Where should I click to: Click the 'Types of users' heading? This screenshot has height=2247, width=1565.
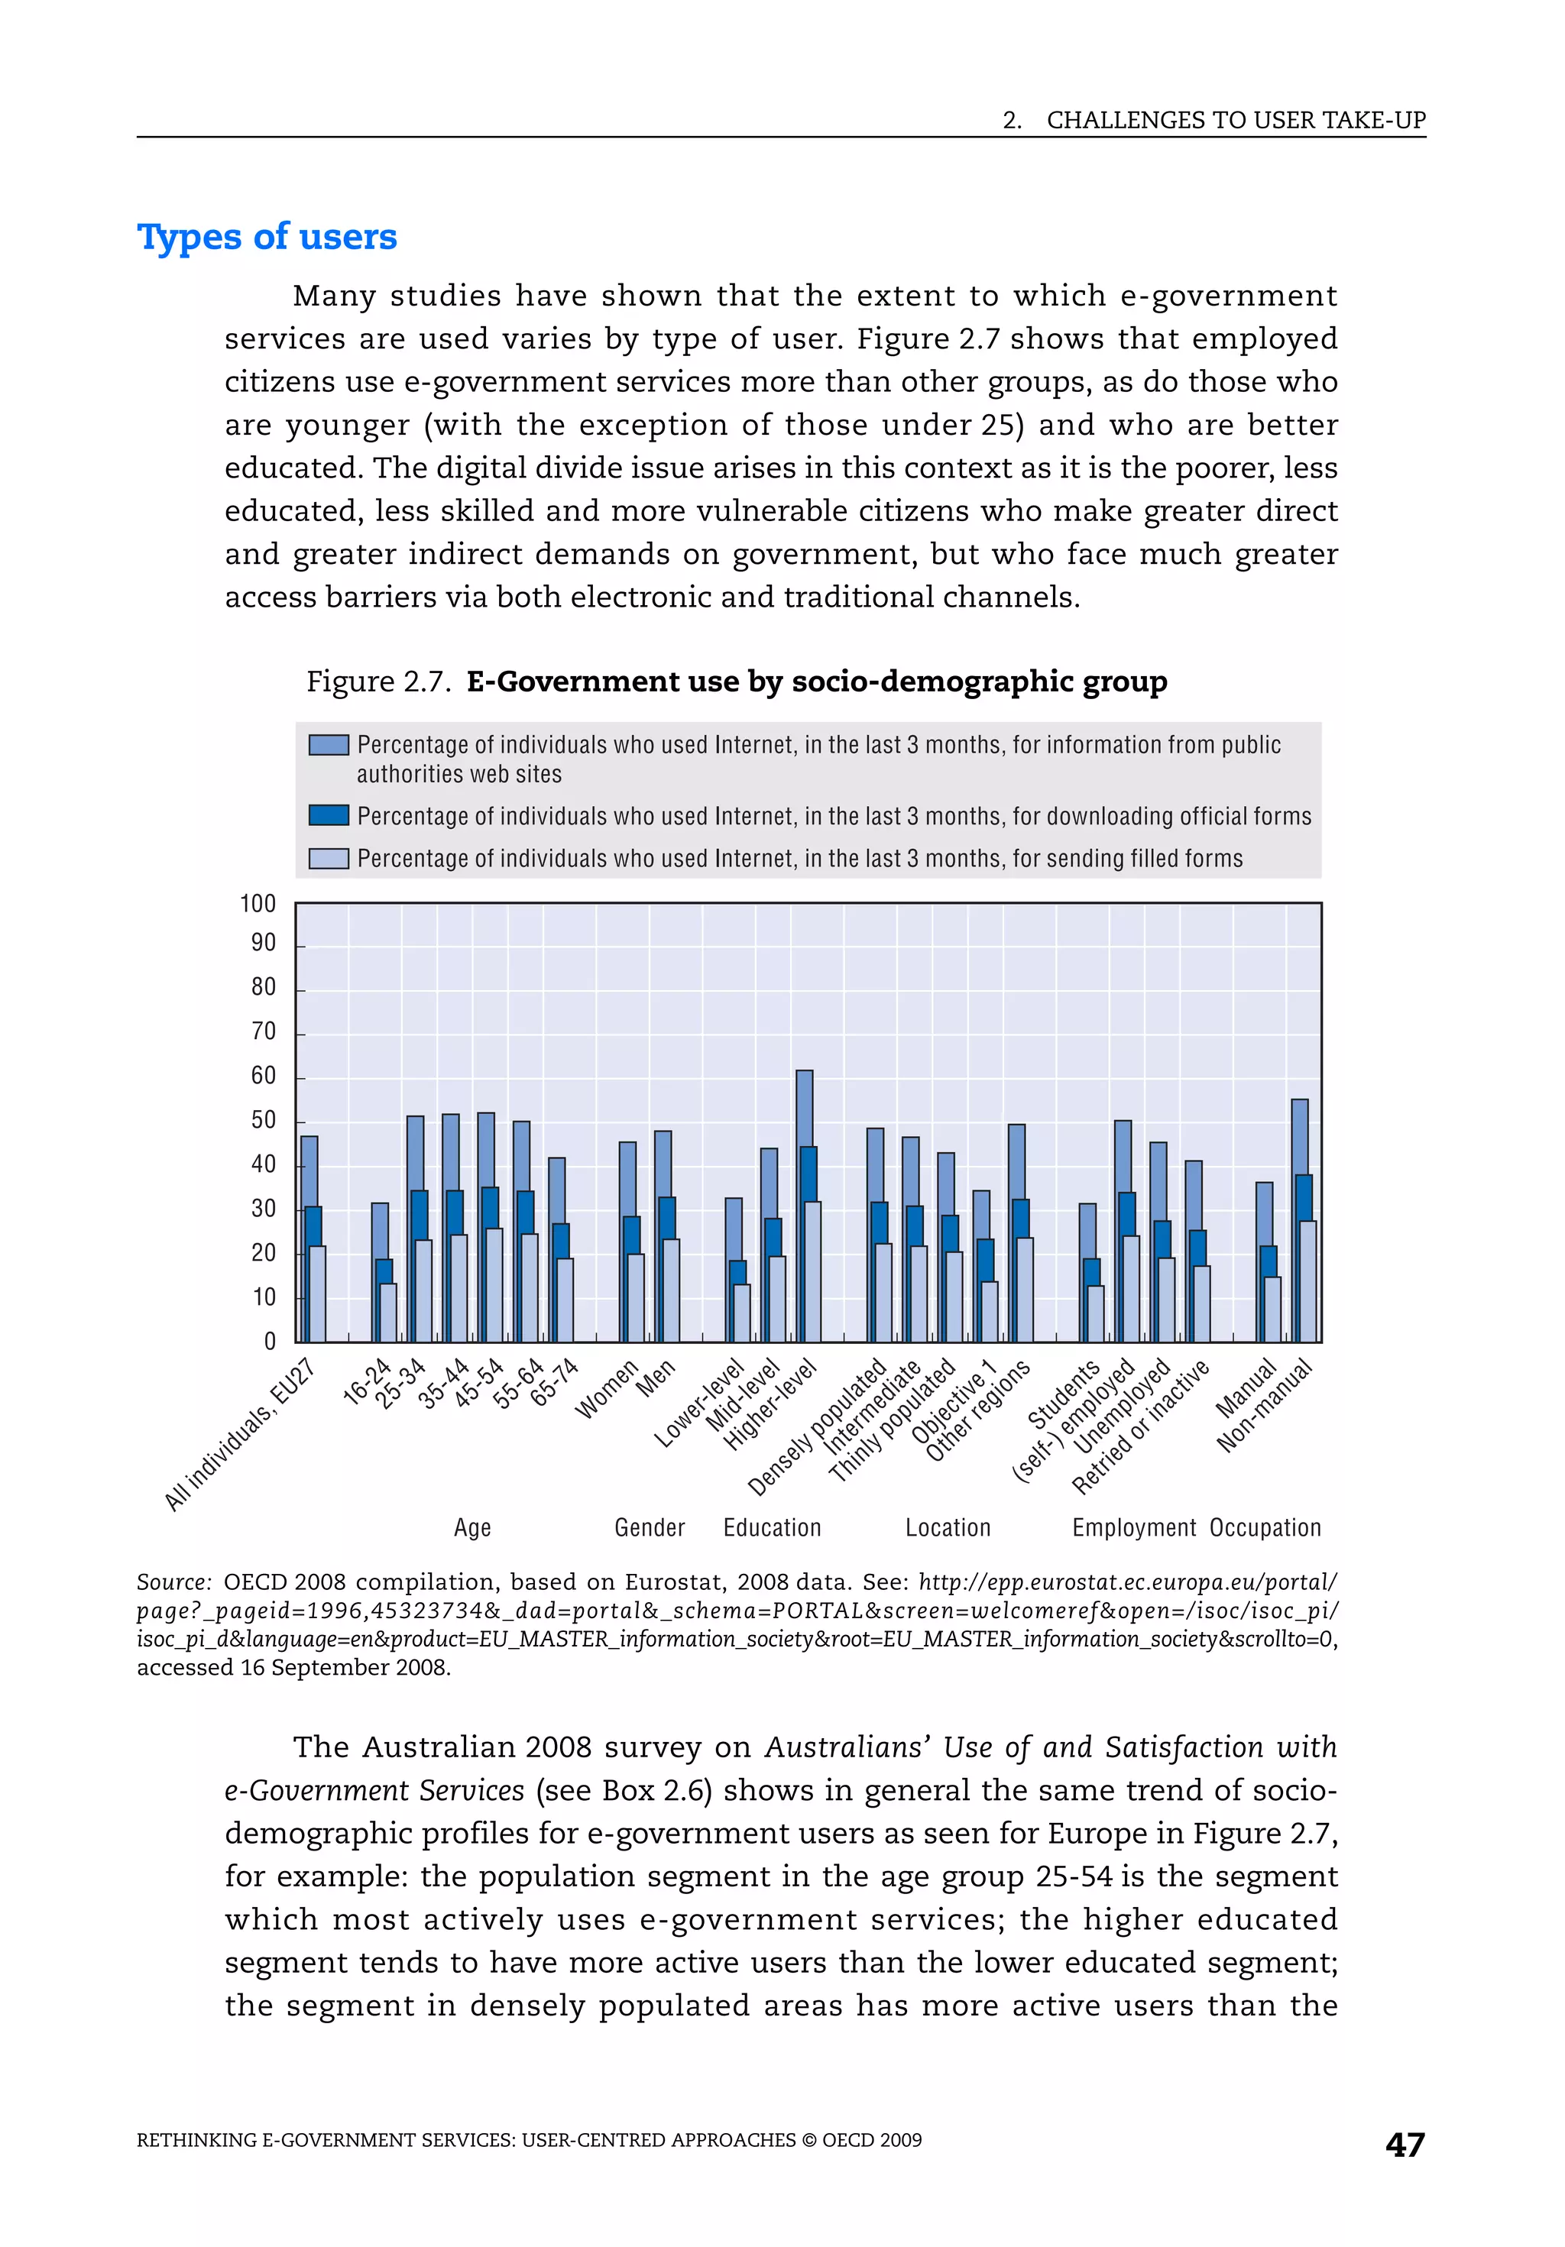coord(267,237)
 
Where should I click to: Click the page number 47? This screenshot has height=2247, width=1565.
coord(1405,2145)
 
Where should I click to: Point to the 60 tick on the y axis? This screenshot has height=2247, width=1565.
coord(264,1076)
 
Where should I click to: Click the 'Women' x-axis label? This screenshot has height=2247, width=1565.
coord(606,1389)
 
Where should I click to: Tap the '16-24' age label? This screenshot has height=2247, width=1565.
coord(366,1383)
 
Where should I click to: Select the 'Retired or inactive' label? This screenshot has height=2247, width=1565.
coord(1139,1428)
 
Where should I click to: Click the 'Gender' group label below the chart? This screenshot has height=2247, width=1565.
coord(649,1528)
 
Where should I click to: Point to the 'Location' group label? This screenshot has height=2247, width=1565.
coord(948,1528)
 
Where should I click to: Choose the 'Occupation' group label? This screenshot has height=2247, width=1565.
coord(1265,1528)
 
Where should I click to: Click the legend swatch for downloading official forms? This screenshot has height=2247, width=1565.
coord(328,815)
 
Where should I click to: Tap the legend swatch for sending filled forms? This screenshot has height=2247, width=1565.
coord(328,858)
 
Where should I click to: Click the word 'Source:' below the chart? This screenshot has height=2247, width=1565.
coord(173,1582)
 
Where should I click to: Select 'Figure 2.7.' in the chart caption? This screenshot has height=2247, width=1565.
coord(377,682)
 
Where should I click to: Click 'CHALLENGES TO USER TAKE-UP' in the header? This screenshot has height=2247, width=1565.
coord(1235,121)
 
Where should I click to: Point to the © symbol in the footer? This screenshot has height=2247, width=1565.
coord(808,2140)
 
